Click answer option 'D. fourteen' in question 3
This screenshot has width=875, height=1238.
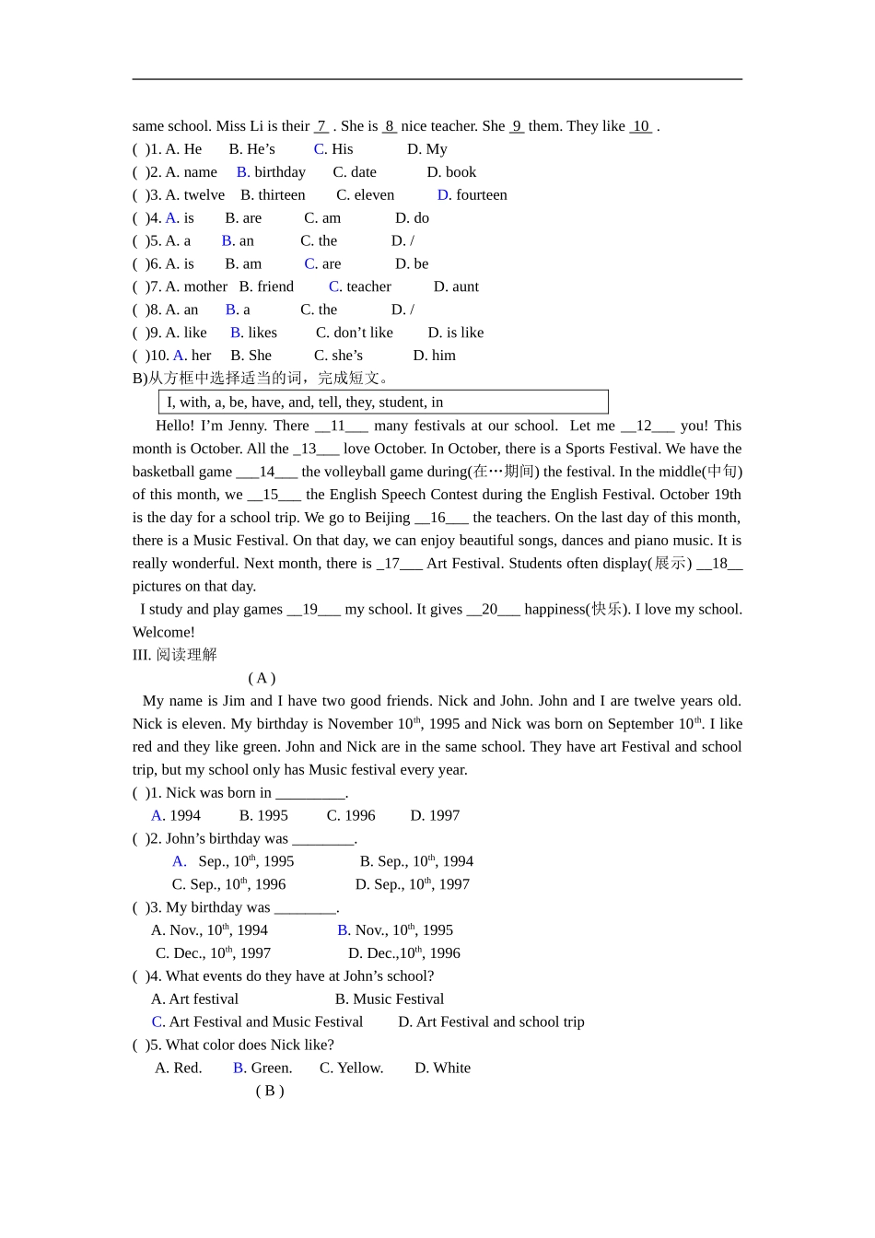tap(472, 195)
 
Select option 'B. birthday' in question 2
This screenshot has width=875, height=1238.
tap(271, 172)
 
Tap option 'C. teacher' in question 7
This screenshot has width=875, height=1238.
tap(360, 286)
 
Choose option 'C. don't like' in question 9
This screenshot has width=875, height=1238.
tap(355, 333)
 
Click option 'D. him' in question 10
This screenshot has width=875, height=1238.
tap(435, 356)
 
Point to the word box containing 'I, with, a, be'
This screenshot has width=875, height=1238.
tap(383, 402)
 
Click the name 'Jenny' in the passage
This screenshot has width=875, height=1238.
tap(246, 426)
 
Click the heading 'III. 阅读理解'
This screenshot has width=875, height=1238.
tap(175, 655)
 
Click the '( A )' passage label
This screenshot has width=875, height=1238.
tap(262, 678)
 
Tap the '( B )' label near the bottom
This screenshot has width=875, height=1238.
tap(270, 1091)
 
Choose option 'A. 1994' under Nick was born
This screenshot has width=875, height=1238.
tap(176, 815)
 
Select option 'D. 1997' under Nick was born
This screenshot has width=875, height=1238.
tap(435, 815)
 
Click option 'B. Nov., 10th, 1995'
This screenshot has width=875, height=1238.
tap(395, 930)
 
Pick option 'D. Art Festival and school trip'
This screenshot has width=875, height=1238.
tap(491, 1022)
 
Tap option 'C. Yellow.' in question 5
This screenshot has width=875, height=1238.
tap(351, 1068)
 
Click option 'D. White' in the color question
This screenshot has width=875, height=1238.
tap(442, 1068)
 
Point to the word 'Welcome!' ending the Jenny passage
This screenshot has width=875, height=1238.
tap(164, 632)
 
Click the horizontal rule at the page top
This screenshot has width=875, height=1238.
tap(437, 79)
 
